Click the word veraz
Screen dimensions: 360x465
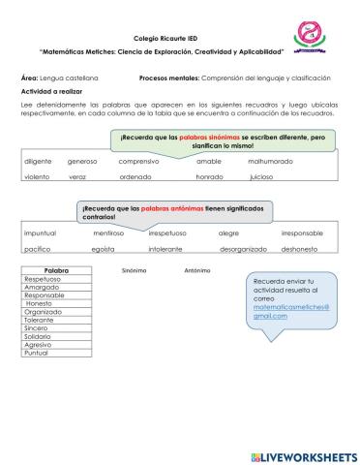(x=77, y=178)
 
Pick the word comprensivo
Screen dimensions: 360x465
(x=138, y=161)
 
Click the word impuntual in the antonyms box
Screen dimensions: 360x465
(x=40, y=233)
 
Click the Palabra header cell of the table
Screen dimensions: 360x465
(x=59, y=270)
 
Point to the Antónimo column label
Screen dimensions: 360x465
(x=197, y=270)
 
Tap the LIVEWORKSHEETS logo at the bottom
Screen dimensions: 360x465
(x=303, y=454)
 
